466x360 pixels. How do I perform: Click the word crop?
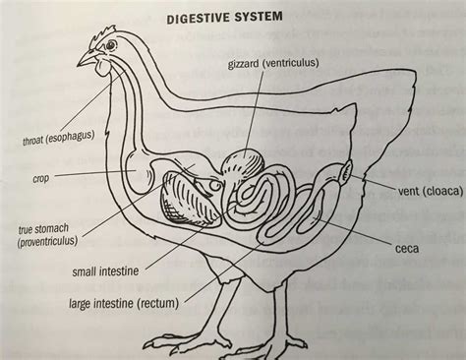(41, 178)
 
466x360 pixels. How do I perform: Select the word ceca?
(406, 247)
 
